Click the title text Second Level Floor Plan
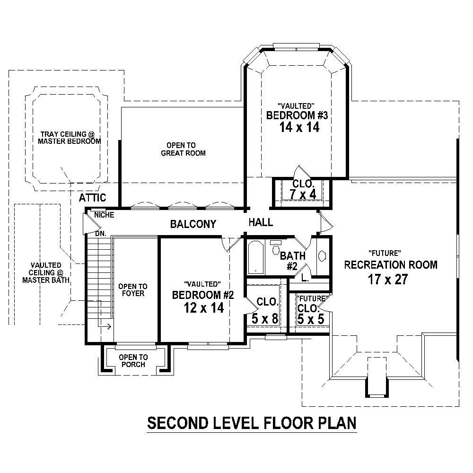252,422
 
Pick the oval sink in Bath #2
323,256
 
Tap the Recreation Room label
390,265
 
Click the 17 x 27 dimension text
388,280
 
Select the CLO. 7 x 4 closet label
302,189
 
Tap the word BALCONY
193,224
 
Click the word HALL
260,222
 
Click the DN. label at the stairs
100,233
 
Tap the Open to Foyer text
132,290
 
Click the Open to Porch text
133,361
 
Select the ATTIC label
92,198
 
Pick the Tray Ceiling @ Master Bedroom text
70,138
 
